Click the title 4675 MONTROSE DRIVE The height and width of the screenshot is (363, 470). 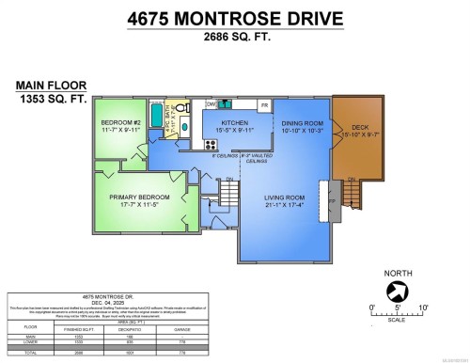(x=234, y=20)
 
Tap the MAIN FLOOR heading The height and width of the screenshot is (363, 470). (x=43, y=85)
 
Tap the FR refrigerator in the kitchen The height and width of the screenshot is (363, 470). (x=265, y=105)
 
